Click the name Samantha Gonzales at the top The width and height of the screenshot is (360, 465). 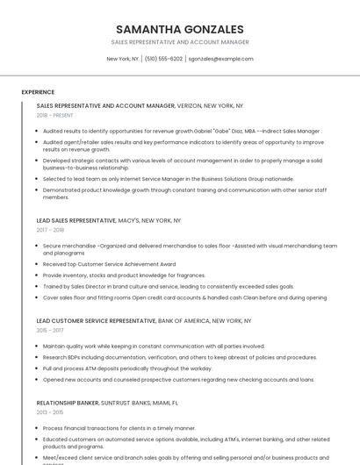(x=179, y=29)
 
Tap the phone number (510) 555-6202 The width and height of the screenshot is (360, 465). (x=163, y=59)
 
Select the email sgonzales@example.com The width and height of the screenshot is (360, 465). (x=220, y=59)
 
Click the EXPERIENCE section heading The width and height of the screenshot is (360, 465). (x=38, y=91)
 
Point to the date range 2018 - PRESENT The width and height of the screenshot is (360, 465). (x=55, y=115)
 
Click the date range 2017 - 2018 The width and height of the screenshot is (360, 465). (x=50, y=230)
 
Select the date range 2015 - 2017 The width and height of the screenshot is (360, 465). (x=50, y=331)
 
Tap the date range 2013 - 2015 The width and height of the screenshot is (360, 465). (x=50, y=411)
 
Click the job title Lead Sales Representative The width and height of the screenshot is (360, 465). (x=76, y=220)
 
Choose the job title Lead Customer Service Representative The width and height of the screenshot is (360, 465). (x=96, y=321)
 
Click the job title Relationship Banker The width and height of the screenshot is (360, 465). (x=68, y=402)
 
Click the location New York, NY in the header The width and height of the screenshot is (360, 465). (x=123, y=59)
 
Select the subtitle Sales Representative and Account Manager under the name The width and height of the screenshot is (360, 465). (x=179, y=42)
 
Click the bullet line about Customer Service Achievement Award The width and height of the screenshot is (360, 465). (x=109, y=263)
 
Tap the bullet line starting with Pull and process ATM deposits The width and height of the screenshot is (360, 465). (x=127, y=368)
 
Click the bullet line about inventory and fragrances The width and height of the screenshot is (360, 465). (x=124, y=275)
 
